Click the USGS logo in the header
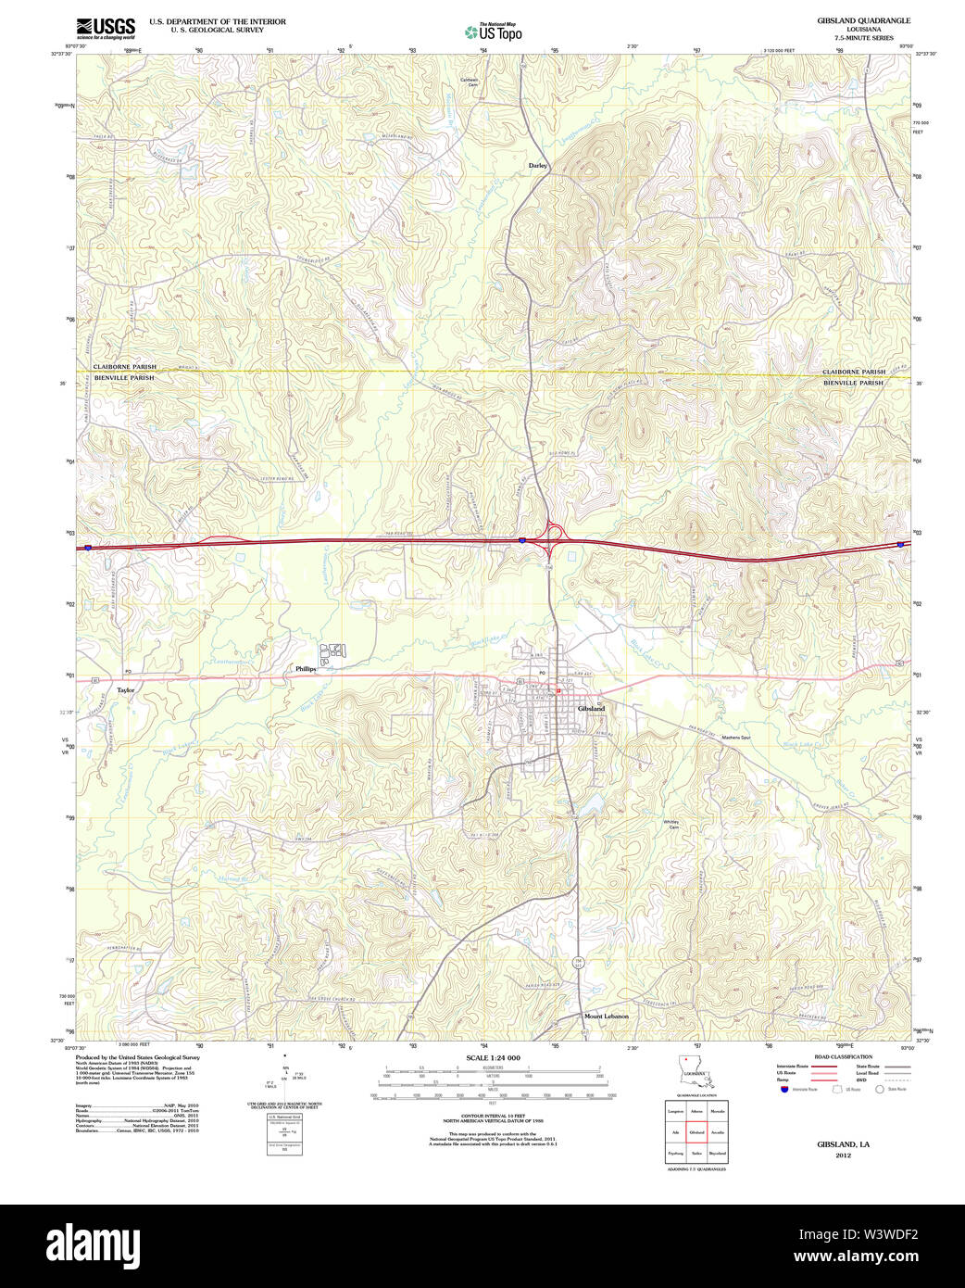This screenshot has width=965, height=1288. tap(106, 27)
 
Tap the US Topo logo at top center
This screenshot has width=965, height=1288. tap(493, 32)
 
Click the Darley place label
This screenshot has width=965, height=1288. tap(538, 166)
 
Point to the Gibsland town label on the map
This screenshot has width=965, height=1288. tap(591, 708)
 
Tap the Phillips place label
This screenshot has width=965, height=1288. tap(306, 668)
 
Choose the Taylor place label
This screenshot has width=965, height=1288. tap(125, 690)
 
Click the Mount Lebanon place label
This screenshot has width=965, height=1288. tap(606, 1017)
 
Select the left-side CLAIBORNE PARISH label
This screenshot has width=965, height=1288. tap(124, 367)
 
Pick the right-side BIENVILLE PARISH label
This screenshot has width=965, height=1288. tap(853, 383)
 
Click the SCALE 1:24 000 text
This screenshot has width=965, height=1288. tap(493, 1058)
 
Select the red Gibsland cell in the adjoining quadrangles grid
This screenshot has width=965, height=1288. tap(696, 1132)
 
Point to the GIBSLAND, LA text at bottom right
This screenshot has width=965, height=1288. tap(843, 1144)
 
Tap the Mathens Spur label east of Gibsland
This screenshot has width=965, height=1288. tap(736, 737)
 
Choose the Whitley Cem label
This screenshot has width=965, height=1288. tap(670, 824)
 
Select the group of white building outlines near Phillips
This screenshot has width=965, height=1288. tap(332, 652)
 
